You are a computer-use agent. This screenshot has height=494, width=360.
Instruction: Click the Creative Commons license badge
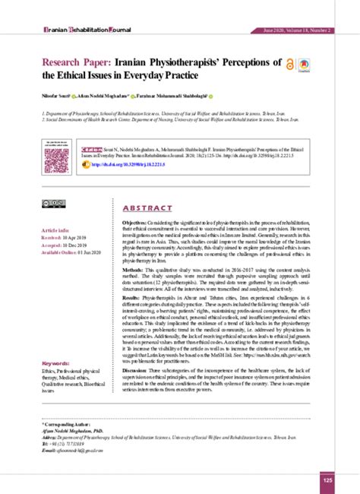(x=54, y=203)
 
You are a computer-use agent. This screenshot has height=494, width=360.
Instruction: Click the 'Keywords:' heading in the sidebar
(x=58, y=363)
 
